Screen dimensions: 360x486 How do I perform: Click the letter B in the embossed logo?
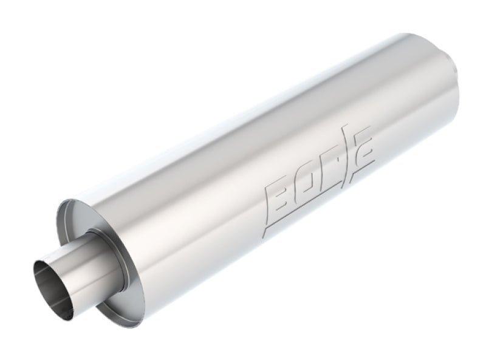click(x=276, y=195)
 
